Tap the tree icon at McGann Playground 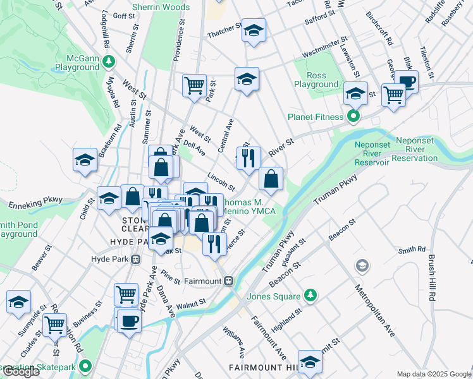[x=110, y=61]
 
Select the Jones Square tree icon [x=310, y=295]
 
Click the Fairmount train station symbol [x=229, y=280]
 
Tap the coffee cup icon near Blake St [x=407, y=81]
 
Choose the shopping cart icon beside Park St [x=194, y=85]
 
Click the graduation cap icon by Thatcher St [x=254, y=30]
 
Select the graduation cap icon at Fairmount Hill [x=310, y=361]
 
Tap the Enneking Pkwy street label [x=35, y=203]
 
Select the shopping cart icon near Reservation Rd [x=54, y=325]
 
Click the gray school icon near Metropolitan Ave [x=362, y=264]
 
